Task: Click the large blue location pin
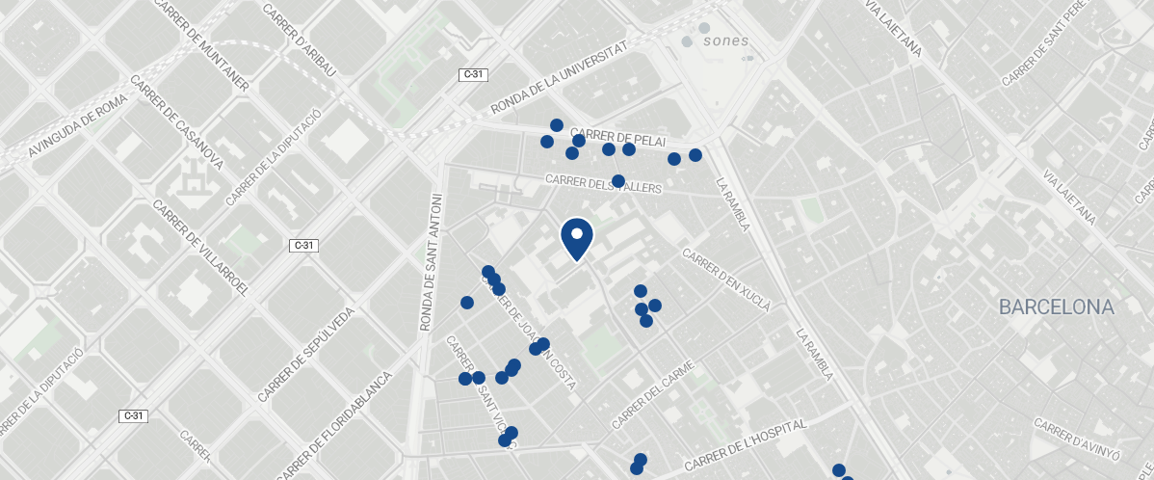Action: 576,239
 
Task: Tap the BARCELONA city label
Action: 1056,307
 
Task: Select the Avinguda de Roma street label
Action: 76,124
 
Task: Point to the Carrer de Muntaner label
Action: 201,47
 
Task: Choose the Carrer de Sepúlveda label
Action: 307,354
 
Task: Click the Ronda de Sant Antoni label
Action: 430,262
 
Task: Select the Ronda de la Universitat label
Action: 559,77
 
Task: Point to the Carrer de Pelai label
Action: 617,137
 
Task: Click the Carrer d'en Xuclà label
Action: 726,280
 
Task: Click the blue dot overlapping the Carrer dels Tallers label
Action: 617,180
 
